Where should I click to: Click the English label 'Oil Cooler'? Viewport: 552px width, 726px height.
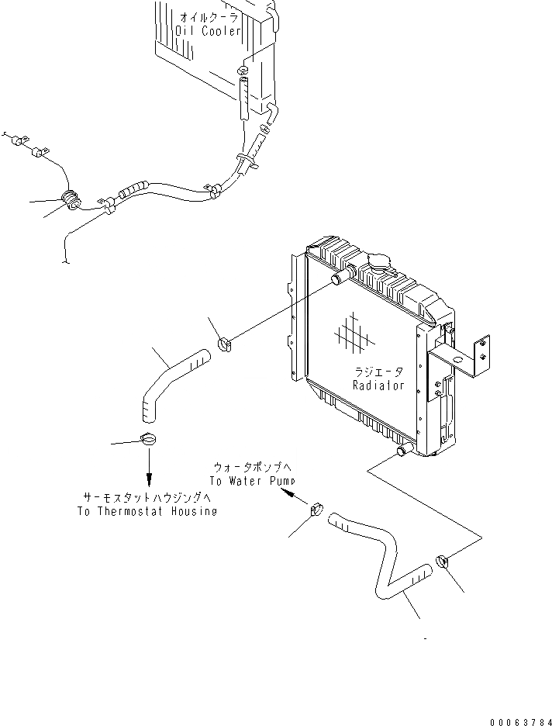209,31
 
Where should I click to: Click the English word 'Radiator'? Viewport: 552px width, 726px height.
379,385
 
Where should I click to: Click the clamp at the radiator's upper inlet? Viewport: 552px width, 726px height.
226,342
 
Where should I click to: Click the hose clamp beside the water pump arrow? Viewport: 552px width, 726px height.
317,511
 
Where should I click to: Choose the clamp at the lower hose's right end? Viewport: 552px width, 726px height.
443,560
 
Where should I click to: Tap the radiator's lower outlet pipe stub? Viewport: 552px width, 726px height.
402,451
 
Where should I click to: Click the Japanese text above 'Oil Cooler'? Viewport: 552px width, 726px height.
209,17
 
